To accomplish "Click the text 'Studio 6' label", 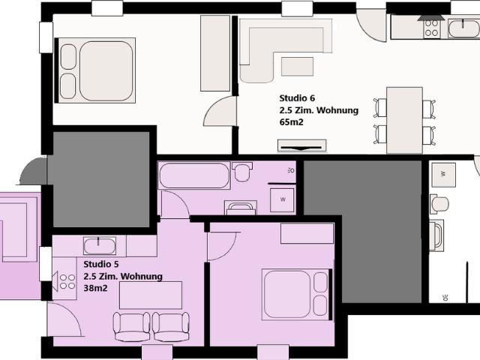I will (x=297, y=98).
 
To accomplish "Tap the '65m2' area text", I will (x=291, y=121).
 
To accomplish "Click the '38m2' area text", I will (x=94, y=288).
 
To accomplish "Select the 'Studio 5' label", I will (x=101, y=265).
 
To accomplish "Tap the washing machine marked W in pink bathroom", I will (x=283, y=199).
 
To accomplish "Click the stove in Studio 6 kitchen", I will (x=433, y=28).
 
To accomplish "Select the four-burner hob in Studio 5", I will (x=67, y=282).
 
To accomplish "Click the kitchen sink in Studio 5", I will (x=99, y=245).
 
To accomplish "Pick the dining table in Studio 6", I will (x=403, y=119).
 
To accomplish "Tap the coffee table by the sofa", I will (x=297, y=66).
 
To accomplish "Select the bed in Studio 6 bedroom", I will (x=97, y=70).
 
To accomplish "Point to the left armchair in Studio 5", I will (x=132, y=325).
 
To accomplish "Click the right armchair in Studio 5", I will (x=170, y=325).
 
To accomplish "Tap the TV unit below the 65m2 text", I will (x=302, y=145).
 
